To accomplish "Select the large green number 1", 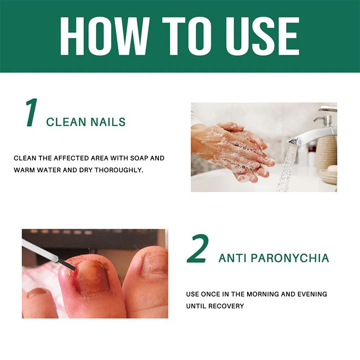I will click(31, 112).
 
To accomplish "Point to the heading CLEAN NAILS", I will click(86, 122).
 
